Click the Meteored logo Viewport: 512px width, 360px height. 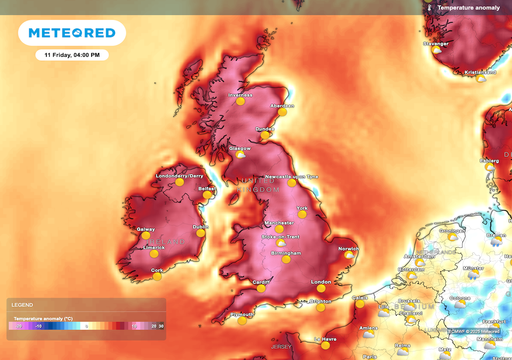(72, 33)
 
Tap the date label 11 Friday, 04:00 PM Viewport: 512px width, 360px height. (72, 55)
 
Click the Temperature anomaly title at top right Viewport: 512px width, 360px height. (468, 8)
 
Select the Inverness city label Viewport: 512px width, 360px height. (240, 95)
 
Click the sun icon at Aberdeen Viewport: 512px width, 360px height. (282, 112)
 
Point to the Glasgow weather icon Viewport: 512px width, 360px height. (240, 154)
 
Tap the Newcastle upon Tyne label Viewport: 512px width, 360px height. (292, 176)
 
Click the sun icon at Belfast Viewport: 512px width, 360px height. (207, 195)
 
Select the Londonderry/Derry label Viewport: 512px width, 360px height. (179, 176)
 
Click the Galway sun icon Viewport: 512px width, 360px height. (146, 235)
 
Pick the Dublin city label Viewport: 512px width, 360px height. (200, 227)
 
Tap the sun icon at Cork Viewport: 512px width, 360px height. (157, 276)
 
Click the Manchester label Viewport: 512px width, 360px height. (279, 223)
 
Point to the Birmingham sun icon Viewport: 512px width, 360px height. (286, 259)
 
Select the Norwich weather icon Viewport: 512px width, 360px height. (349, 255)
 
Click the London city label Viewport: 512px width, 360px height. (321, 282)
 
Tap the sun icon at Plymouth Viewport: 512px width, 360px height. (242, 320)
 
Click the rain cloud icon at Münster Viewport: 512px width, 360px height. (473, 274)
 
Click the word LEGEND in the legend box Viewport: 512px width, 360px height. (22, 305)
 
